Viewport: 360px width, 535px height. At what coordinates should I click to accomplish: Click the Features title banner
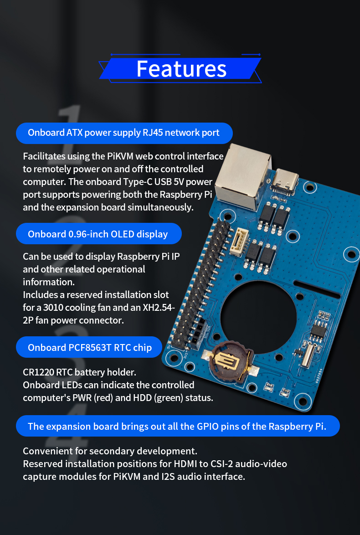pos(180,68)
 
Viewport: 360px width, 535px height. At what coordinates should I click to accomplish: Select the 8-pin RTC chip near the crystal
pos(318,330)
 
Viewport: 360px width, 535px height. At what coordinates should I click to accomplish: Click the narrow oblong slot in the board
pos(317,289)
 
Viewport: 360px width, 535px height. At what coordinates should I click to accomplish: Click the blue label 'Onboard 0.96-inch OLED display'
pos(98,234)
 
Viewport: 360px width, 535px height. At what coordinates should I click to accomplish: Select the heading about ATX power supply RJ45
pos(124,133)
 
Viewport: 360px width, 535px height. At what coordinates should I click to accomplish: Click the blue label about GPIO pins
pos(178,426)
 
